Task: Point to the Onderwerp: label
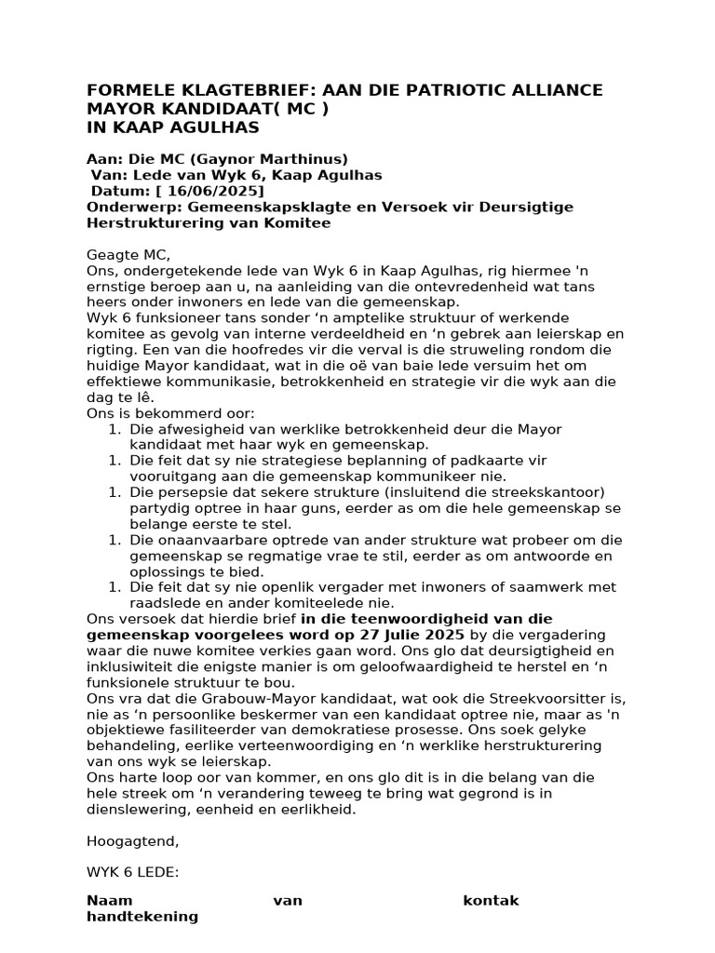coord(128,207)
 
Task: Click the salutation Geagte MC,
coord(129,255)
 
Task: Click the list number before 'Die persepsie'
coord(115,491)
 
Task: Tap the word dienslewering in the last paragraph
coord(129,810)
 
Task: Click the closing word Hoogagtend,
coord(131,841)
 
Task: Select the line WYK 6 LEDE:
coord(132,873)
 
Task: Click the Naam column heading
coord(109,900)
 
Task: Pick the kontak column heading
coord(491,900)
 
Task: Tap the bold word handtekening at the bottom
coord(142,916)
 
